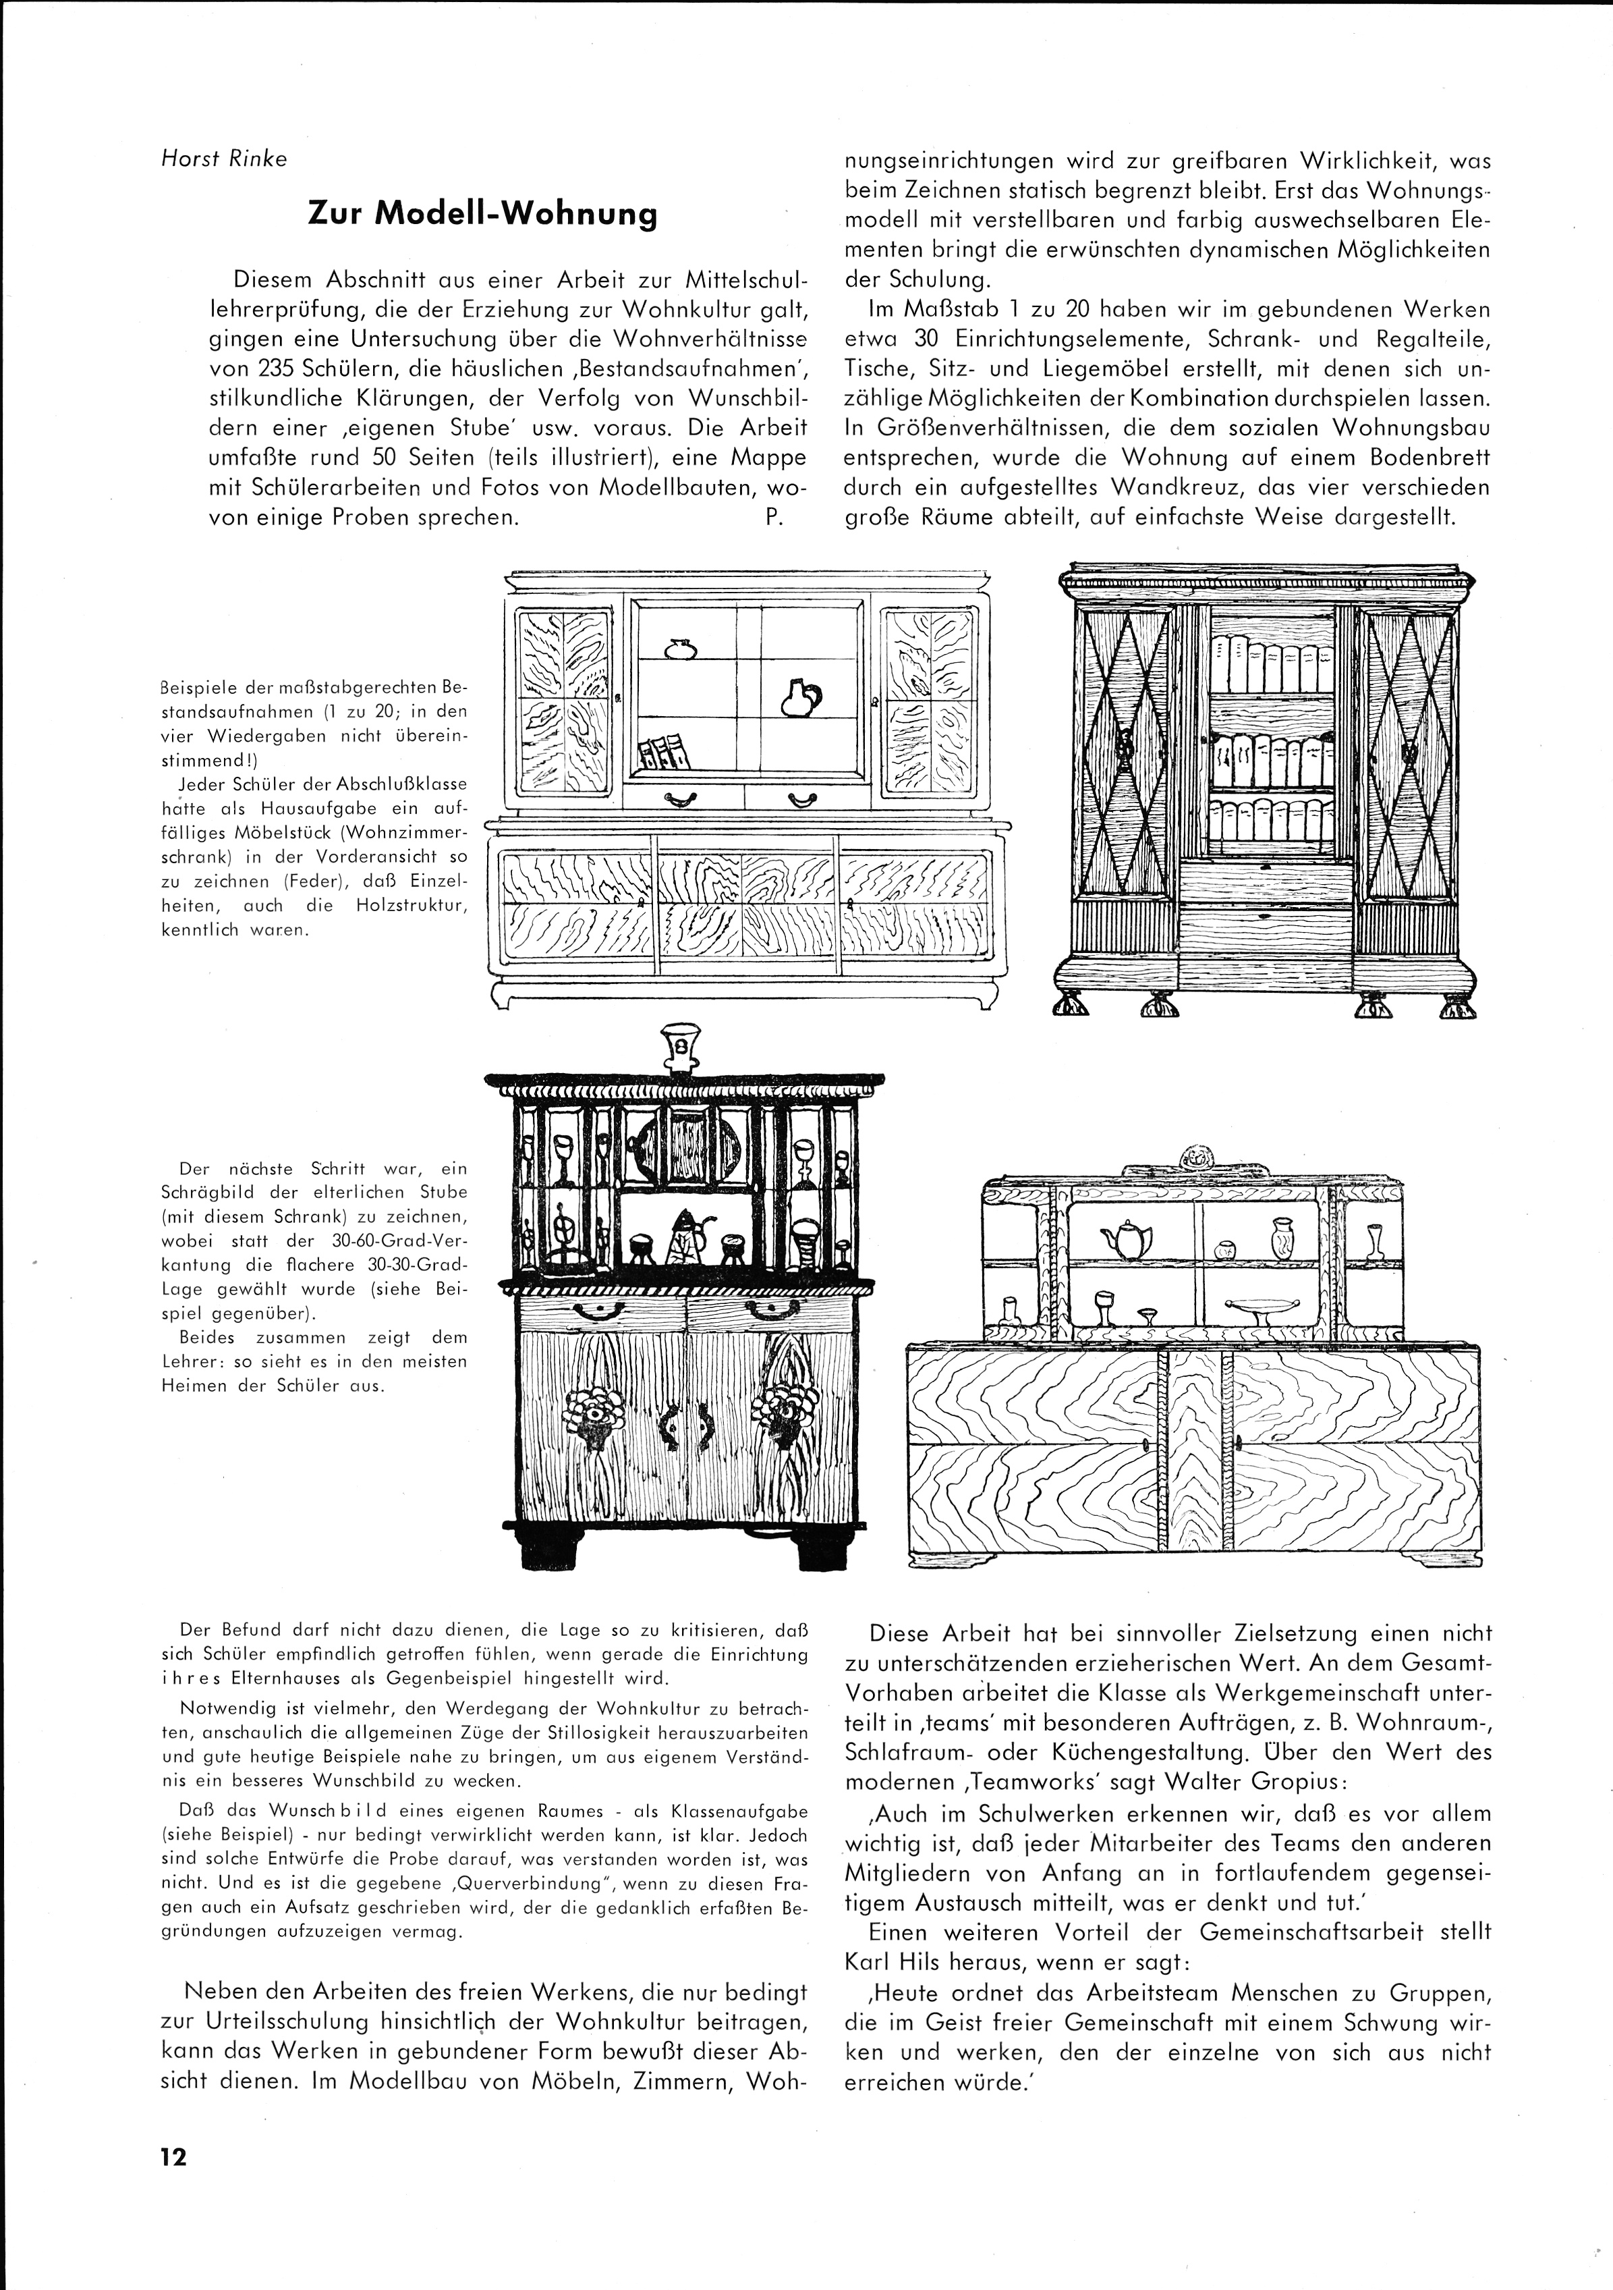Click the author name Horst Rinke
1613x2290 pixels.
(x=223, y=159)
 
